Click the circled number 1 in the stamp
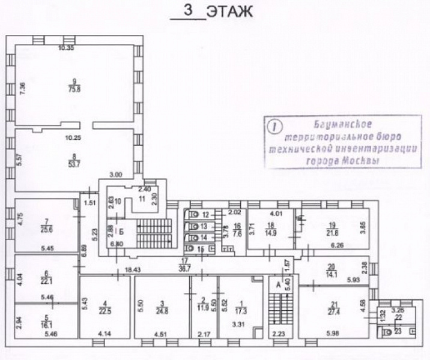[x=275, y=127]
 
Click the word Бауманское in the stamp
[x=343, y=124]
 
